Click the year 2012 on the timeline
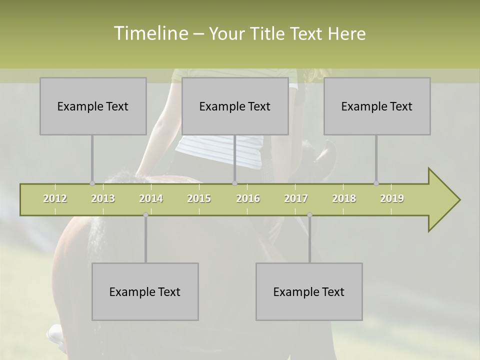coord(55,198)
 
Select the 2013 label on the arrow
coord(103,198)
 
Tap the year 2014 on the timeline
coord(151,198)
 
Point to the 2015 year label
coord(199,198)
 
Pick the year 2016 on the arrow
coord(248,198)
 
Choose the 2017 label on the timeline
coord(296,198)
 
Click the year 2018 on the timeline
coord(344,198)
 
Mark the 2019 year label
coord(392,198)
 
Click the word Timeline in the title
coord(150,33)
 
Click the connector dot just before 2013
coord(92,183)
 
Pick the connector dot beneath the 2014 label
coord(145,215)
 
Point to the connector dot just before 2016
coord(234,183)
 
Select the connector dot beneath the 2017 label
coord(309,215)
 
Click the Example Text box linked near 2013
coord(93,106)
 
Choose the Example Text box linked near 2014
coord(145,291)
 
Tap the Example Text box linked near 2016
coord(235,106)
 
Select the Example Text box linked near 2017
coord(309,291)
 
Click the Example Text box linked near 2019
coord(377,106)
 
